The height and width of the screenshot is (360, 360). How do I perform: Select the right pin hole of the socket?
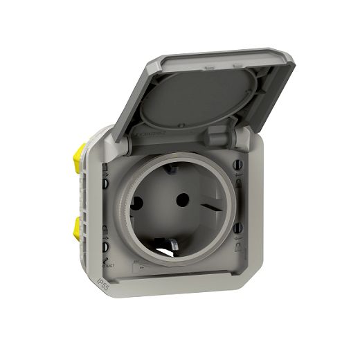point(182,199)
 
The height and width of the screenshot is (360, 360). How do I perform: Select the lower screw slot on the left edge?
point(105,244)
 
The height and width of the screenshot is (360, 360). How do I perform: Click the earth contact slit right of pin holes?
point(213,205)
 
